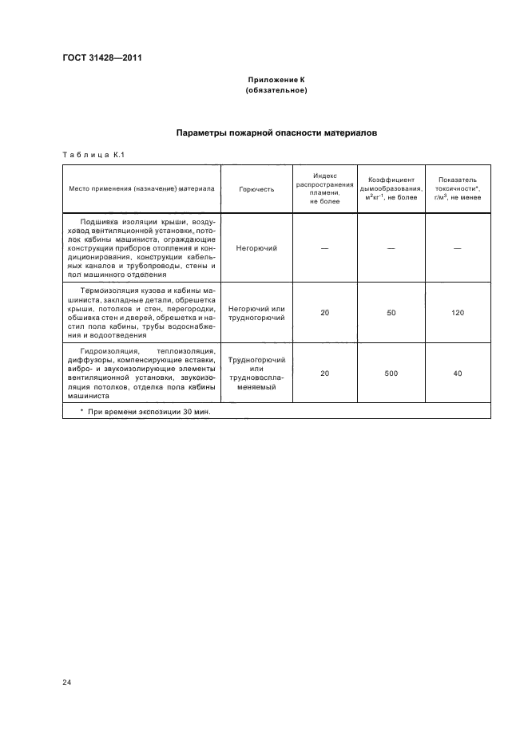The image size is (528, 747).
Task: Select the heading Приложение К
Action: pyautogui.click(x=276, y=81)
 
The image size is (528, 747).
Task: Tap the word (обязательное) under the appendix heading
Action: pyautogui.click(x=276, y=90)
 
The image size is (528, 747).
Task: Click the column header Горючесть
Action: pyautogui.click(x=256, y=190)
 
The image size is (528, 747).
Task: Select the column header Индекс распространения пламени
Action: pyautogui.click(x=324, y=188)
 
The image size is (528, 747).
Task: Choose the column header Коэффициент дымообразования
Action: pyautogui.click(x=391, y=188)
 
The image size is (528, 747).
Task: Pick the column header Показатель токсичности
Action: pyautogui.click(x=458, y=188)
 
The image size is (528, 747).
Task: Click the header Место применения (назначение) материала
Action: pyautogui.click(x=141, y=190)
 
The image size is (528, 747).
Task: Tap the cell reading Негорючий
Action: pyautogui.click(x=256, y=248)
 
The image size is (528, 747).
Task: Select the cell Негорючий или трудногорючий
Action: pyautogui.click(x=256, y=313)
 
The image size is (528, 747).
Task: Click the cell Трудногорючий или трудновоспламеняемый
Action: pyautogui.click(x=256, y=373)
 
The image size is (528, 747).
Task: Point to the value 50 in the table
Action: pyautogui.click(x=391, y=313)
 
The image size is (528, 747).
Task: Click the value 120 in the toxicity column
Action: pyautogui.click(x=458, y=313)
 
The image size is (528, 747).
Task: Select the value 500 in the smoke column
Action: pyautogui.click(x=391, y=373)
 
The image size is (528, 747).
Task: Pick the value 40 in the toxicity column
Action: pyautogui.click(x=458, y=373)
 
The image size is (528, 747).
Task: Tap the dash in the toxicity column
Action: pyautogui.click(x=458, y=248)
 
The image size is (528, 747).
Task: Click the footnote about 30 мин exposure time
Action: pyautogui.click(x=149, y=411)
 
